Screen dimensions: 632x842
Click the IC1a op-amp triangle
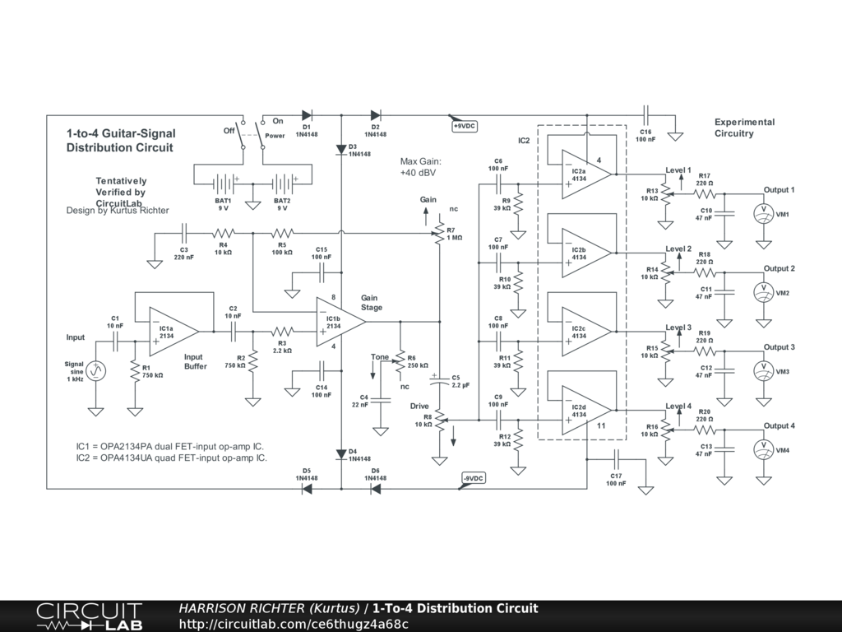click(x=172, y=331)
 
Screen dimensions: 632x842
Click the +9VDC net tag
click(x=464, y=126)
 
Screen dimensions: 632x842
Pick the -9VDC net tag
click(x=473, y=478)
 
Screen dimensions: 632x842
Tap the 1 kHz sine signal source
click(x=96, y=371)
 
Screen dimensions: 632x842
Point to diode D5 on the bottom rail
click(x=307, y=488)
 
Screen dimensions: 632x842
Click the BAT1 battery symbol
click(x=223, y=183)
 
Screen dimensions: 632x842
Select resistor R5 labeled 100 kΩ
click(x=282, y=234)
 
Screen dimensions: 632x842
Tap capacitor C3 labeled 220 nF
click(x=183, y=234)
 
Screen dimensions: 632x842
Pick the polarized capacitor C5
click(x=440, y=380)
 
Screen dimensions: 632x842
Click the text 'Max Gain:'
click(x=421, y=162)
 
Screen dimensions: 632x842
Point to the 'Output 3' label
click(x=779, y=347)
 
